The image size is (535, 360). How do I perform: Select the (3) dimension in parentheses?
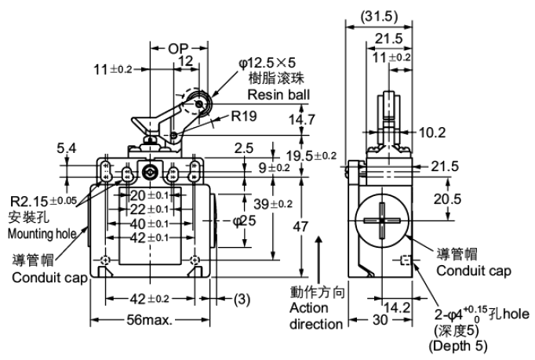pos(242,298)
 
